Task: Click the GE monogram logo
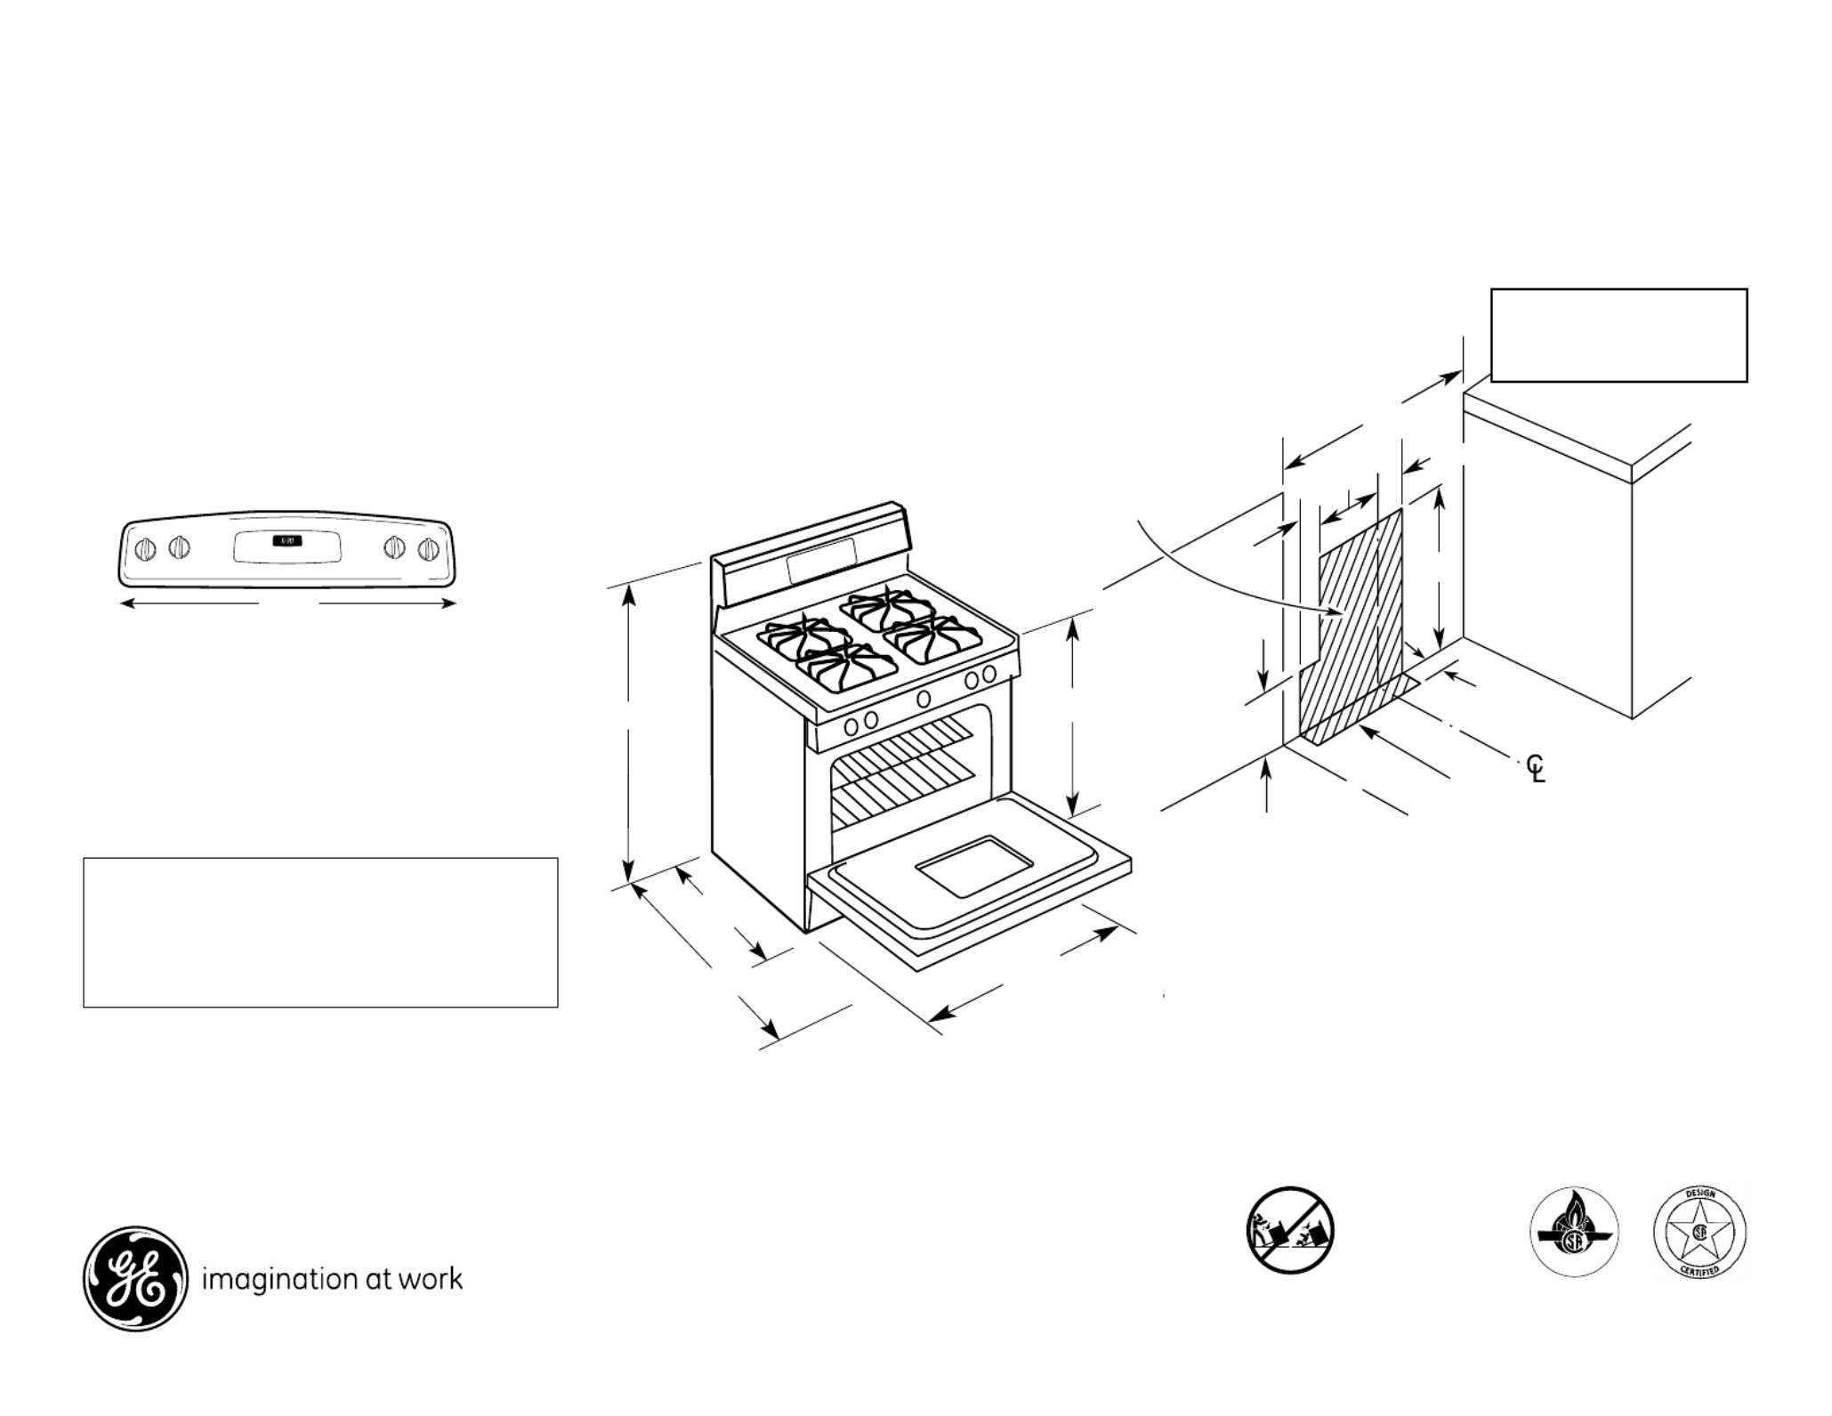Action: coord(135,1279)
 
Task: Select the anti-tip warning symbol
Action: coord(1289,1230)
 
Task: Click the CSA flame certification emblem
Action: coord(1574,1233)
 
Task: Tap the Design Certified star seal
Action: coord(1699,1233)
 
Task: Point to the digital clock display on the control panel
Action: coord(287,541)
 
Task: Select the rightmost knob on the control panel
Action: coord(429,548)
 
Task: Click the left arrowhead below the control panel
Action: coord(127,603)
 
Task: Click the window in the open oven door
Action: coord(974,865)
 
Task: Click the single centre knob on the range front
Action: coord(924,699)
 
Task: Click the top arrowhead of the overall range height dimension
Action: coord(629,591)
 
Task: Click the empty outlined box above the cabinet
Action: coord(1618,335)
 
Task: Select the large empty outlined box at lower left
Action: coord(320,932)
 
